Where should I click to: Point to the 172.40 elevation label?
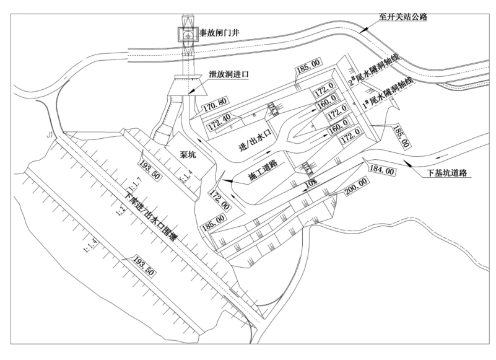(x=220, y=118)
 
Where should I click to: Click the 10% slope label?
(x=310, y=182)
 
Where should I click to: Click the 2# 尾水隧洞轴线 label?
(x=375, y=70)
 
